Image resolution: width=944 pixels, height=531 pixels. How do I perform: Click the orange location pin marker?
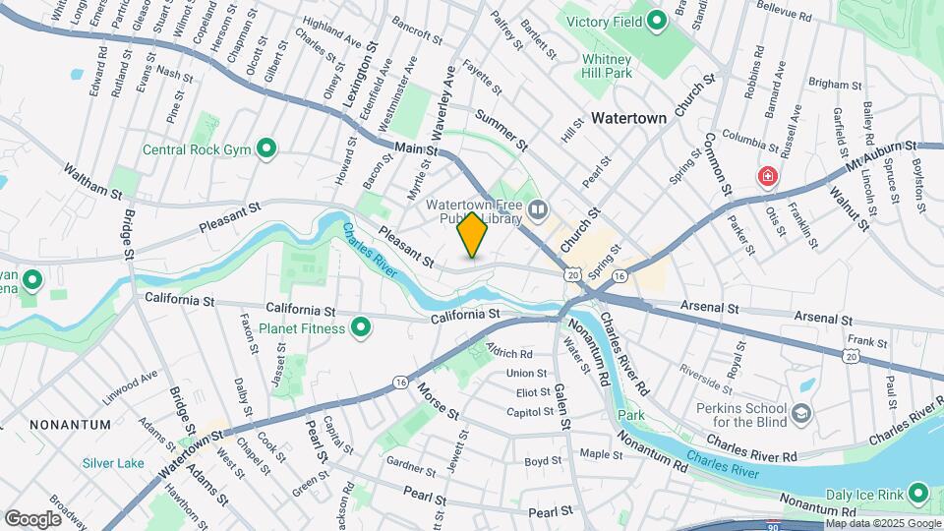point(472,235)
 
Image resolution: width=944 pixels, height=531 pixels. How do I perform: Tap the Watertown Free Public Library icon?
point(537,207)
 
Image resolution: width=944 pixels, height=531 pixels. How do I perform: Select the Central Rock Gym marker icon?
point(265,149)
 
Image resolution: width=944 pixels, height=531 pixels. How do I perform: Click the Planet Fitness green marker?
point(361,327)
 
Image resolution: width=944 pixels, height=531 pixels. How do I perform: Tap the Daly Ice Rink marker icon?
point(919,493)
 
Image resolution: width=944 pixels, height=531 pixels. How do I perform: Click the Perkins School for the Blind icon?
point(801,411)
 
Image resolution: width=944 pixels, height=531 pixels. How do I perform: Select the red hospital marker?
point(766,177)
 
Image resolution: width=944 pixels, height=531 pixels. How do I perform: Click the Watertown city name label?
point(629,118)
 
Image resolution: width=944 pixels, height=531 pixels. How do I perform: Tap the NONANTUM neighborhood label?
point(70,424)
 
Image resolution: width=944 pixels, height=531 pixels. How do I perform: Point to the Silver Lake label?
point(113,463)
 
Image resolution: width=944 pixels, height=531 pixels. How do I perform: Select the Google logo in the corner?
point(32,519)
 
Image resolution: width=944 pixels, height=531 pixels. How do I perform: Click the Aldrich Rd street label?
point(508,353)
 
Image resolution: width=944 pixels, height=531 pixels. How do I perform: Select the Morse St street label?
point(439,396)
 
